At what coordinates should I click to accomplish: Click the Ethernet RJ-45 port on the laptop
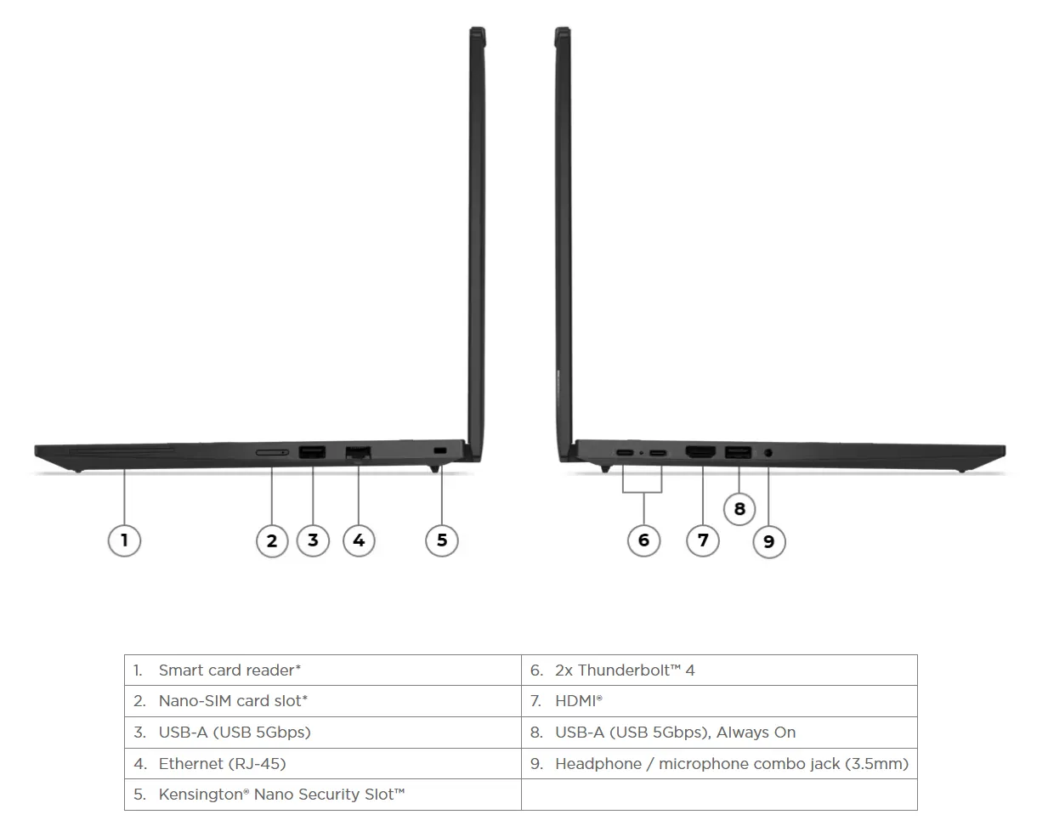point(358,453)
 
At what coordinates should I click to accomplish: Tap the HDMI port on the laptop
point(700,452)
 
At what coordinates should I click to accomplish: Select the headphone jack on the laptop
point(768,453)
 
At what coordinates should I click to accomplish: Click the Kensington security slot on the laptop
point(439,451)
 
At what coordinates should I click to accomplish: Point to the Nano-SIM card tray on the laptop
point(272,452)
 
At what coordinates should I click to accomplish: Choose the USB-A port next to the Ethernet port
point(312,452)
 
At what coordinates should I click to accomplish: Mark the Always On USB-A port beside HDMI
point(738,452)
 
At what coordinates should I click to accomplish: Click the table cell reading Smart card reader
point(323,670)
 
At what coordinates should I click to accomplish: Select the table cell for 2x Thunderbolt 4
point(719,670)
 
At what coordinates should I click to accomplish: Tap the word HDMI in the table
point(575,701)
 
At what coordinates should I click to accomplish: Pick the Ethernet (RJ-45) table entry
point(323,763)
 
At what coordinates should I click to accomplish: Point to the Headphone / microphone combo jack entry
point(719,763)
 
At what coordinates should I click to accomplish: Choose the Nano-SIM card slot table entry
point(323,701)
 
